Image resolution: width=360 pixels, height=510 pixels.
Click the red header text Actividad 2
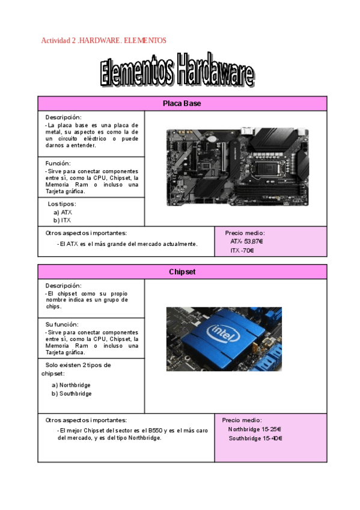pos(103,40)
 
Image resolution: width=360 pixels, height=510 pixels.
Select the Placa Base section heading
pos(182,103)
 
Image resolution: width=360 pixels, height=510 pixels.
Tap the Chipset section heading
pos(182,272)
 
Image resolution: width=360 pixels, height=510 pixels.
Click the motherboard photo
pos(237,167)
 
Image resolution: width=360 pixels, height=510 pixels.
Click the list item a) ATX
pos(63,212)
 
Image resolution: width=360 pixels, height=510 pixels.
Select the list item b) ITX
pos(62,221)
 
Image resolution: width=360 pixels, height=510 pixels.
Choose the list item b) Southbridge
pos(72,394)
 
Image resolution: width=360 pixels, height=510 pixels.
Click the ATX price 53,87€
pos(247,241)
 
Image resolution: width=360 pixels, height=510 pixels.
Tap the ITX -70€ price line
pos(242,250)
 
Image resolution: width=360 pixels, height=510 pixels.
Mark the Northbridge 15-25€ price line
pos(254,429)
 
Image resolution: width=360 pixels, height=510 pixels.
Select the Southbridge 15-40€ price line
pos(255,438)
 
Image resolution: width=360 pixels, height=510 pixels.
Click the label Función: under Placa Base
pos(58,163)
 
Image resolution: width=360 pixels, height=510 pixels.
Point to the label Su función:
pos(62,324)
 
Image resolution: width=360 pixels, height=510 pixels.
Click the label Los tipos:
pos(62,204)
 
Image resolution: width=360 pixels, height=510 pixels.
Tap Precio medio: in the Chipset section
pos(242,420)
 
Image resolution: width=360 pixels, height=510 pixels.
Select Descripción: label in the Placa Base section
pos(63,117)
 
